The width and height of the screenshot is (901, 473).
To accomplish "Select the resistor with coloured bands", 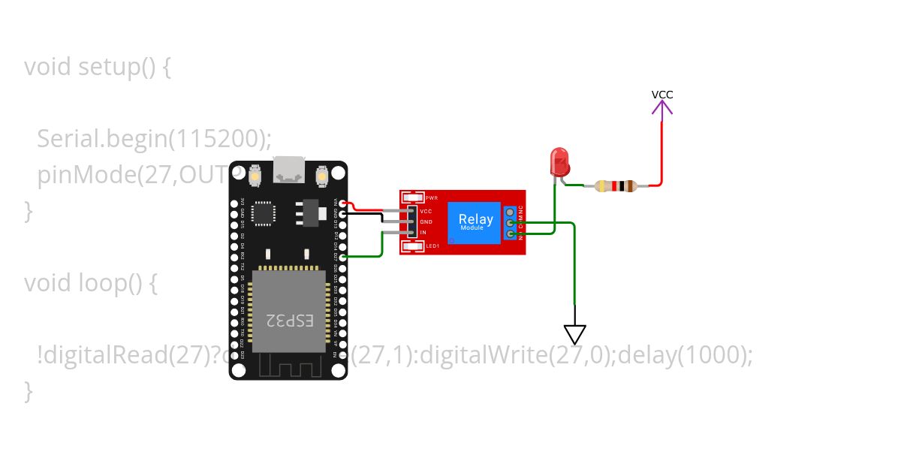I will click(x=615, y=185).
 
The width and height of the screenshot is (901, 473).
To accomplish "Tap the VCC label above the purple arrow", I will click(x=662, y=95).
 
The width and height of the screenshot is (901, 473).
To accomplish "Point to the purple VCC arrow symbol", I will click(x=662, y=110).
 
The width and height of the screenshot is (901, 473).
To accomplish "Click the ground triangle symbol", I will click(x=575, y=333).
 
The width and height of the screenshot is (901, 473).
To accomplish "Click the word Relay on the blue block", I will click(x=475, y=219).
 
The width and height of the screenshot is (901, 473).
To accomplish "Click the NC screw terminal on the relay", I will click(x=511, y=213).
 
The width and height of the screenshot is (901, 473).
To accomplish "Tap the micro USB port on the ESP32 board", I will click(x=289, y=172).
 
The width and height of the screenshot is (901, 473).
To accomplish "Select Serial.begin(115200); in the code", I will click(x=154, y=139).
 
